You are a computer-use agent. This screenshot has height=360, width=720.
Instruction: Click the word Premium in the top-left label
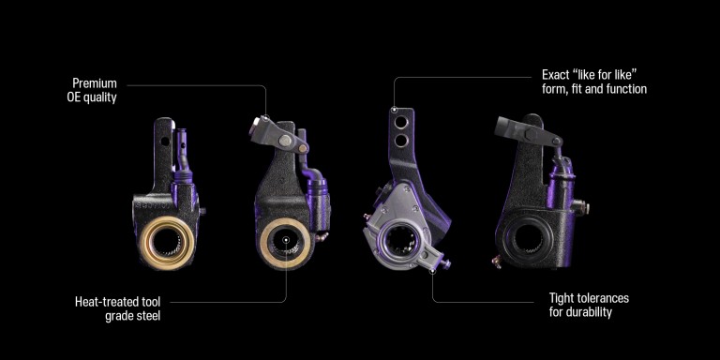click(95, 83)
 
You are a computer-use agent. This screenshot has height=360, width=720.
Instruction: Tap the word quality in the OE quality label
click(100, 97)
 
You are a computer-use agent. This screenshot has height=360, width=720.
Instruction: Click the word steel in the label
click(147, 316)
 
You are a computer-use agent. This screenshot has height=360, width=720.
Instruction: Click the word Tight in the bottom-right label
click(562, 298)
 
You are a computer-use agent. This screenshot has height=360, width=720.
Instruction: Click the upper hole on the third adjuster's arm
click(401, 122)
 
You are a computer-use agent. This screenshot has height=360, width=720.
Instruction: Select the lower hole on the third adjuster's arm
click(401, 140)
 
